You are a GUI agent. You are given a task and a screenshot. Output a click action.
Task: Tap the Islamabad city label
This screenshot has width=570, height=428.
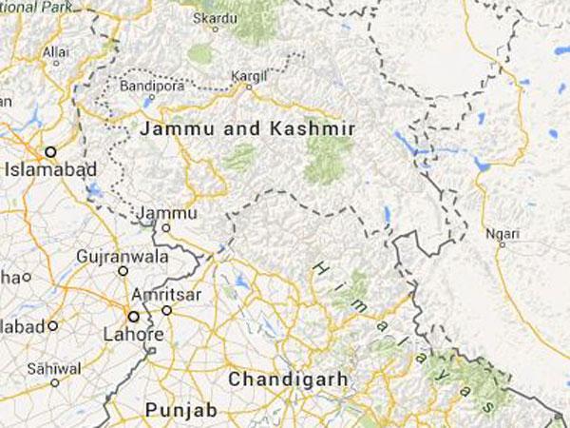tap(46, 171)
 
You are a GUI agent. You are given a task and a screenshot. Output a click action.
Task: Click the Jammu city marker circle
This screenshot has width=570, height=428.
tap(166, 228)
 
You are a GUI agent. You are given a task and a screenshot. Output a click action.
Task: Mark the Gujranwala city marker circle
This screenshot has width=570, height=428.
tap(123, 271)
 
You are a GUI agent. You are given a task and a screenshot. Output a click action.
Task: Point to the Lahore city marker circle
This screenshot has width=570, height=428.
tap(133, 317)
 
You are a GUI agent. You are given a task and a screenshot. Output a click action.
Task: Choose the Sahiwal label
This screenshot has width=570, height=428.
tap(53, 368)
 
